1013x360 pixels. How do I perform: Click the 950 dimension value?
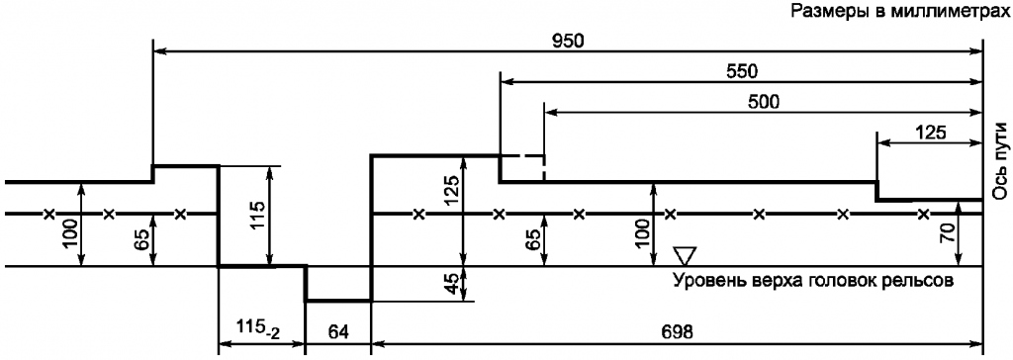pos(568,41)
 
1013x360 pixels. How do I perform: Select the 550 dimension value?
pos(740,72)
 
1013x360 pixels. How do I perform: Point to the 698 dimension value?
pos(677,332)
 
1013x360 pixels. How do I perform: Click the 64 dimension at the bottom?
pos(338,332)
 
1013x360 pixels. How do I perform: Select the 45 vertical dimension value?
pos(454,284)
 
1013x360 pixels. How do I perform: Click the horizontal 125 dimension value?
pos(929,133)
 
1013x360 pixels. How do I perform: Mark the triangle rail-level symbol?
pos(684,255)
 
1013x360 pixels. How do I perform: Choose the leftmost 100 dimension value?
pos(70,235)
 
